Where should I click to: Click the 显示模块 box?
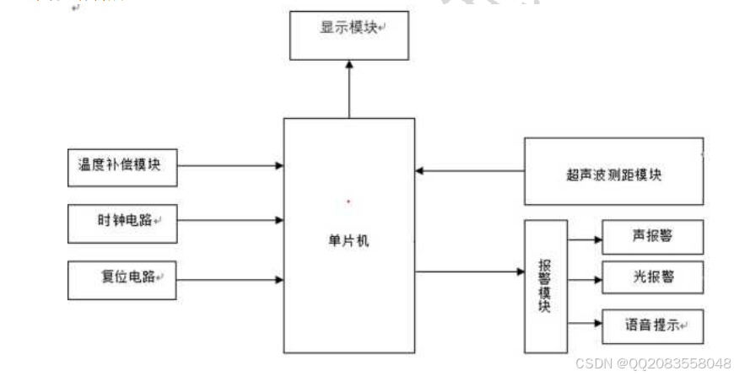[348, 35]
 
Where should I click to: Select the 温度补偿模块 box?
[123, 166]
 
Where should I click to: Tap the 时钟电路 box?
[123, 221]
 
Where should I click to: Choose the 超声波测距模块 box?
[613, 173]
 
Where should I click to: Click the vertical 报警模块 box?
[545, 287]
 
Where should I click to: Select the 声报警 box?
[652, 238]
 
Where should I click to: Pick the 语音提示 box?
[652, 325]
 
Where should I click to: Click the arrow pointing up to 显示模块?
[348, 89]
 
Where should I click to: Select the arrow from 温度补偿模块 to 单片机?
[230, 166]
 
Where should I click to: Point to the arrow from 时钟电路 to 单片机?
[230, 221]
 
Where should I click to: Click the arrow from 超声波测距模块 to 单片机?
[469, 171]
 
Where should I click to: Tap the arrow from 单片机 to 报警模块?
[469, 271]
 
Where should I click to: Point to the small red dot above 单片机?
[348, 201]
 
